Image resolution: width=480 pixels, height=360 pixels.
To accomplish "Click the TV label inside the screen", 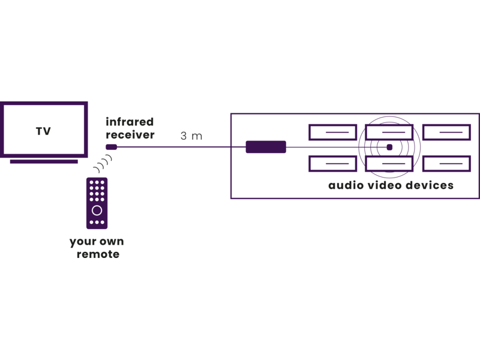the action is pyautogui.click(x=43, y=131).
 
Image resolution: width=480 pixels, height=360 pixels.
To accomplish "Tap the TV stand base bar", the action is pyautogui.click(x=44, y=161).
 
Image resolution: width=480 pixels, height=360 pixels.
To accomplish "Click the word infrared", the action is pyautogui.click(x=130, y=122).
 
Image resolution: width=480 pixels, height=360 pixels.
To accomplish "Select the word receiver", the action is pyautogui.click(x=130, y=134).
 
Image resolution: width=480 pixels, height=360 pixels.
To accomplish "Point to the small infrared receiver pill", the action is pyautogui.click(x=112, y=147).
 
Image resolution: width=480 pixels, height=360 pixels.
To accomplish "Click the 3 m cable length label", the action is pyautogui.click(x=191, y=136).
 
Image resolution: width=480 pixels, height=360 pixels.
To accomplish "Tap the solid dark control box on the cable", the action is pyautogui.click(x=266, y=147).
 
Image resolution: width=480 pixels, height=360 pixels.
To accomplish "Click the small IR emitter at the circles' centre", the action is pyautogui.click(x=389, y=147).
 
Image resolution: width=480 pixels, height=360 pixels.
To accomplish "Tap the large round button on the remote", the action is pyautogui.click(x=97, y=211).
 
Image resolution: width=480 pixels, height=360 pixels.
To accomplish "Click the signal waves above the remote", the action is pyautogui.click(x=103, y=163).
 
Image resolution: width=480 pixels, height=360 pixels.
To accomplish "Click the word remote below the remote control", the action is pyautogui.click(x=98, y=254).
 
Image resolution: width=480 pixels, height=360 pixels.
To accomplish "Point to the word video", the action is pyautogui.click(x=385, y=185).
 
